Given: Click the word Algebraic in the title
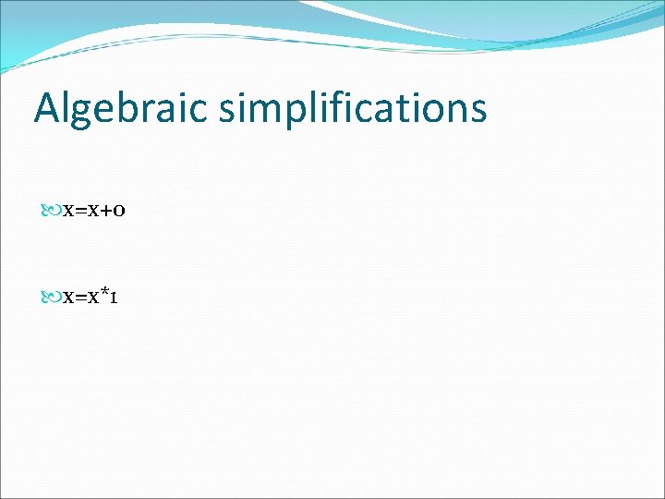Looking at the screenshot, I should (122, 109).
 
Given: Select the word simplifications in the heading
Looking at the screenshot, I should (353, 109).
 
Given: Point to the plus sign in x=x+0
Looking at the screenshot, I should (107, 211).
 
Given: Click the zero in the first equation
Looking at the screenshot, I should (121, 212).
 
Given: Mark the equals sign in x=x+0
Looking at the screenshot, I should (81, 212).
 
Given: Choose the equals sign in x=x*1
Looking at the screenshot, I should (81, 298).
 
